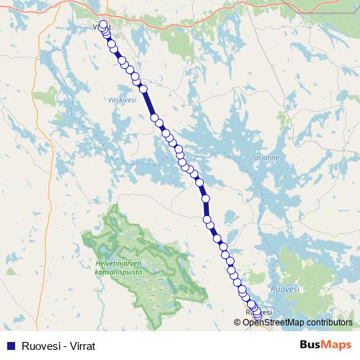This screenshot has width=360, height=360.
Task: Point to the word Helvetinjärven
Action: tap(118, 264)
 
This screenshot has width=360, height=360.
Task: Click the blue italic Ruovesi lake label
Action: tap(283, 289)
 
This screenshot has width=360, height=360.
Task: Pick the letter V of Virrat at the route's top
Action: tap(95, 27)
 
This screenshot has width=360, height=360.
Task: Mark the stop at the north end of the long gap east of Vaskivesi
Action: tap(143, 89)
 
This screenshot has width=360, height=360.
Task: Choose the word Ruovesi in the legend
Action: tap(39, 346)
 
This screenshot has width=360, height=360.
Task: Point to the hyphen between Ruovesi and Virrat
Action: tap(61, 346)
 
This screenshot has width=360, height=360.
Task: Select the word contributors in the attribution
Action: tap(326, 323)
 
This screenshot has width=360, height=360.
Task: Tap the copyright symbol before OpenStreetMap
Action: tap(238, 323)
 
